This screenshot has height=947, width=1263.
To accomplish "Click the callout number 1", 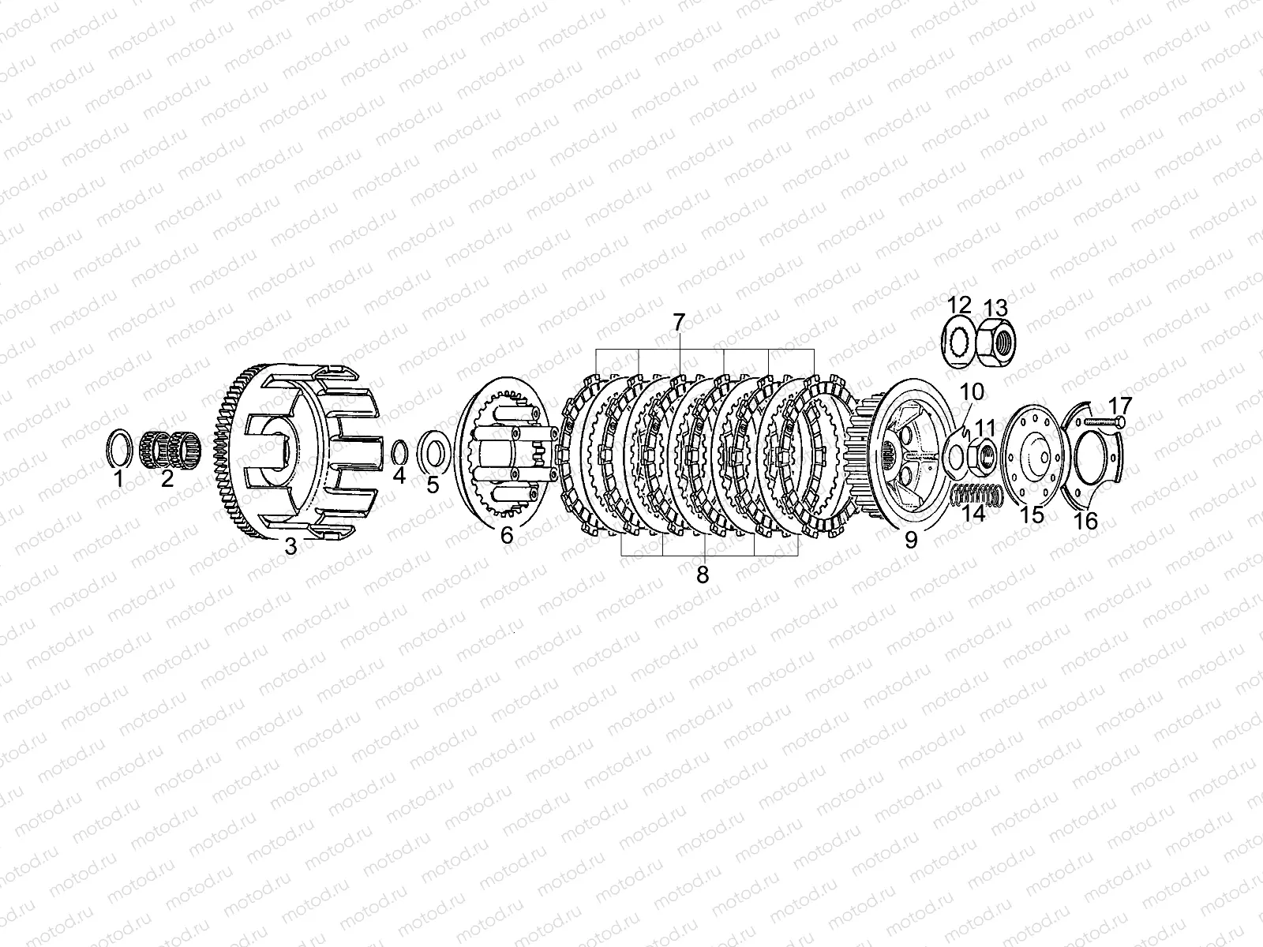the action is pos(118,478).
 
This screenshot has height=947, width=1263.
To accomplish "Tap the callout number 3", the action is pos(290,546).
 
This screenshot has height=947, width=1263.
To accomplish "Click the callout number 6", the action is pos(506,535).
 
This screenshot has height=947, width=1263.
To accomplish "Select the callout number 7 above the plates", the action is pos(679,323).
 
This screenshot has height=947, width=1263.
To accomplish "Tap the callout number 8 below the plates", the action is pos(703,575).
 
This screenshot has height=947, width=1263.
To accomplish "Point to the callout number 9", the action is pos(911,541).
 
